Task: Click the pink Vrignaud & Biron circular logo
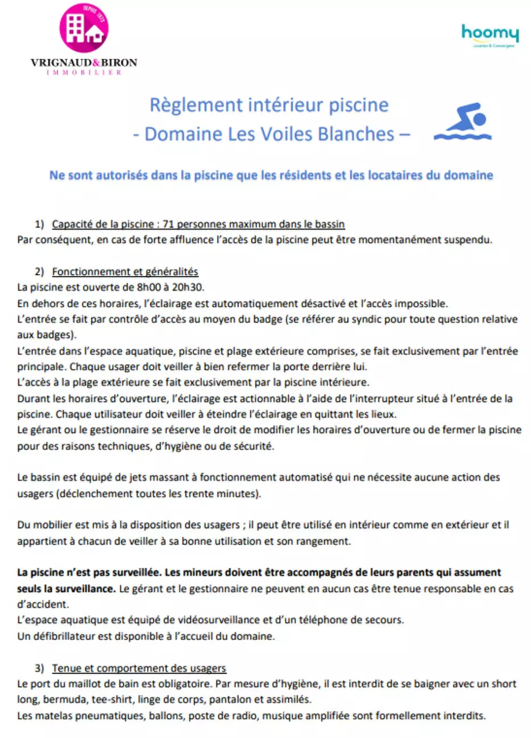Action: [x=84, y=28]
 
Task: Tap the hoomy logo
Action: [x=490, y=33]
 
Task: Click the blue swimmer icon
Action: [x=463, y=121]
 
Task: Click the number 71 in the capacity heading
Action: [x=168, y=224]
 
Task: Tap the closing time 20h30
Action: [x=188, y=287]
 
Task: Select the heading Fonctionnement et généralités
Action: [x=125, y=271]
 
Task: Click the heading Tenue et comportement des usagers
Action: [x=139, y=668]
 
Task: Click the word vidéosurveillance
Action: [x=211, y=620]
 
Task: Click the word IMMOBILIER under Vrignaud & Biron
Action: [x=84, y=73]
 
